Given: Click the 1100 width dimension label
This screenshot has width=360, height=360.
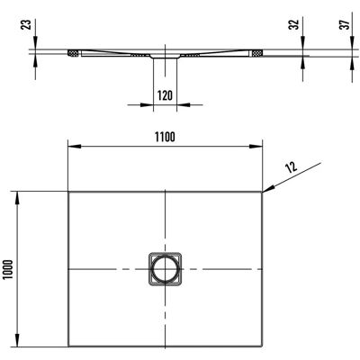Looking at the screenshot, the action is (x=165, y=137).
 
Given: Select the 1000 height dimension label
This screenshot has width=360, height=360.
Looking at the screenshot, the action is (x=8, y=270).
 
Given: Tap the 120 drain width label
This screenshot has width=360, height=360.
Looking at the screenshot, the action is (x=165, y=95).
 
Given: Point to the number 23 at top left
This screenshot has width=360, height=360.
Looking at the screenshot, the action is (x=27, y=24).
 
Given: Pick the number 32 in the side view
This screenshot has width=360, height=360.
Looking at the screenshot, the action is (x=295, y=24).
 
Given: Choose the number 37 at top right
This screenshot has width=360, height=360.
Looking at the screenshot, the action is (x=346, y=24).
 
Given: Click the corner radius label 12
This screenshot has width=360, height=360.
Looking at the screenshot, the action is (x=292, y=166).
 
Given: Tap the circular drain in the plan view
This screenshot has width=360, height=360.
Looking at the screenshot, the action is (x=165, y=269).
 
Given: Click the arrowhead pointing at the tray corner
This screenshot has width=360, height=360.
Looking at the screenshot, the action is (x=269, y=188).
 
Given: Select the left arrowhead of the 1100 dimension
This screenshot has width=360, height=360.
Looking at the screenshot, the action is (x=75, y=147).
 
